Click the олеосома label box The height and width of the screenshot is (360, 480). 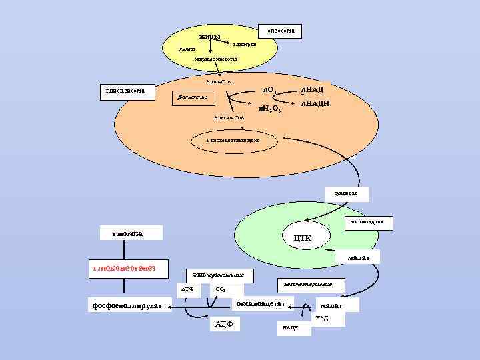[280, 31]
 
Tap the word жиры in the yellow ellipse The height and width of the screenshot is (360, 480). [210, 36]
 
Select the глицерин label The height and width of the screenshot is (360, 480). [244, 44]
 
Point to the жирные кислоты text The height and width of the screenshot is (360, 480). [215, 59]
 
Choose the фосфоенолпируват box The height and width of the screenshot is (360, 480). [131, 306]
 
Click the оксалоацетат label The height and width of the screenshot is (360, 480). [261, 304]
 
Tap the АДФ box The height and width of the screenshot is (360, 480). [222, 325]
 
